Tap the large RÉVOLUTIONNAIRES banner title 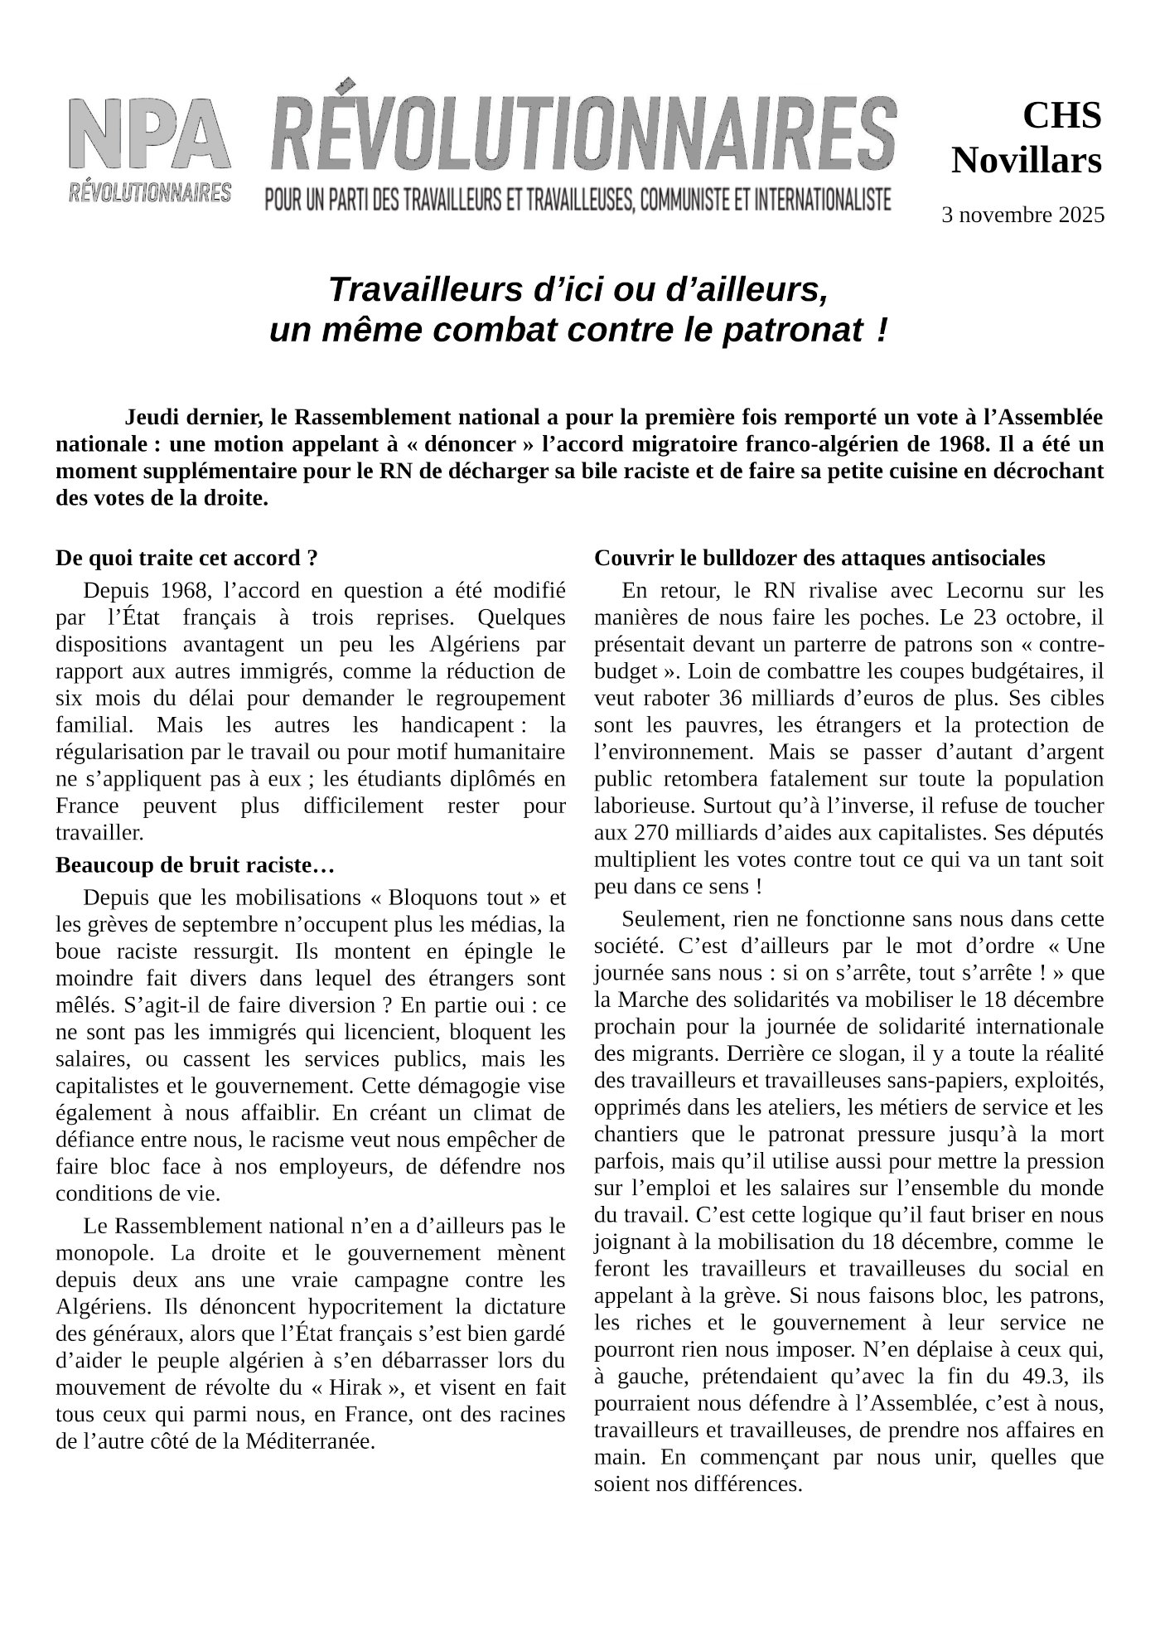coord(582,133)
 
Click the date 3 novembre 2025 coord(1022,215)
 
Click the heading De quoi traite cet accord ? coord(186,558)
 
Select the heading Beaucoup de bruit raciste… coord(194,865)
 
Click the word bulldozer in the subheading coord(744,558)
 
